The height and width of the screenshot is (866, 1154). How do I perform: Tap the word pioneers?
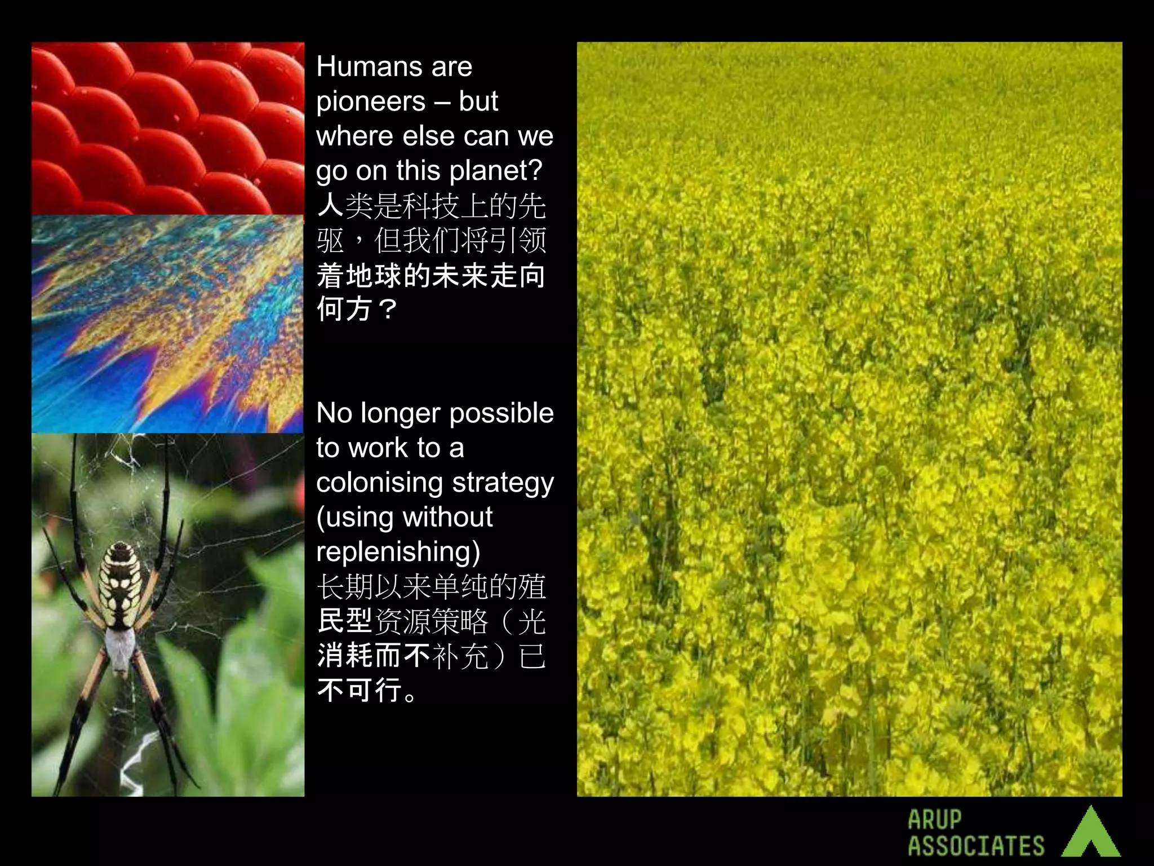(371, 101)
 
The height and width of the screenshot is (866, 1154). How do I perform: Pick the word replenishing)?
(398, 552)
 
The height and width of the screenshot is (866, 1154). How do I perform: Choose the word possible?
(501, 414)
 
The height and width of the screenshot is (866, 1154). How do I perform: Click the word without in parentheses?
(448, 517)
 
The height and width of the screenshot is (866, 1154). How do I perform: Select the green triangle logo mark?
(1091, 833)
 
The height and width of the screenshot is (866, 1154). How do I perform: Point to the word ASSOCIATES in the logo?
(976, 846)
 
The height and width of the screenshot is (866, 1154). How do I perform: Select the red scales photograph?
(168, 128)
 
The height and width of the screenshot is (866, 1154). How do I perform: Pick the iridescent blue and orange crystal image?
(168, 324)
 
